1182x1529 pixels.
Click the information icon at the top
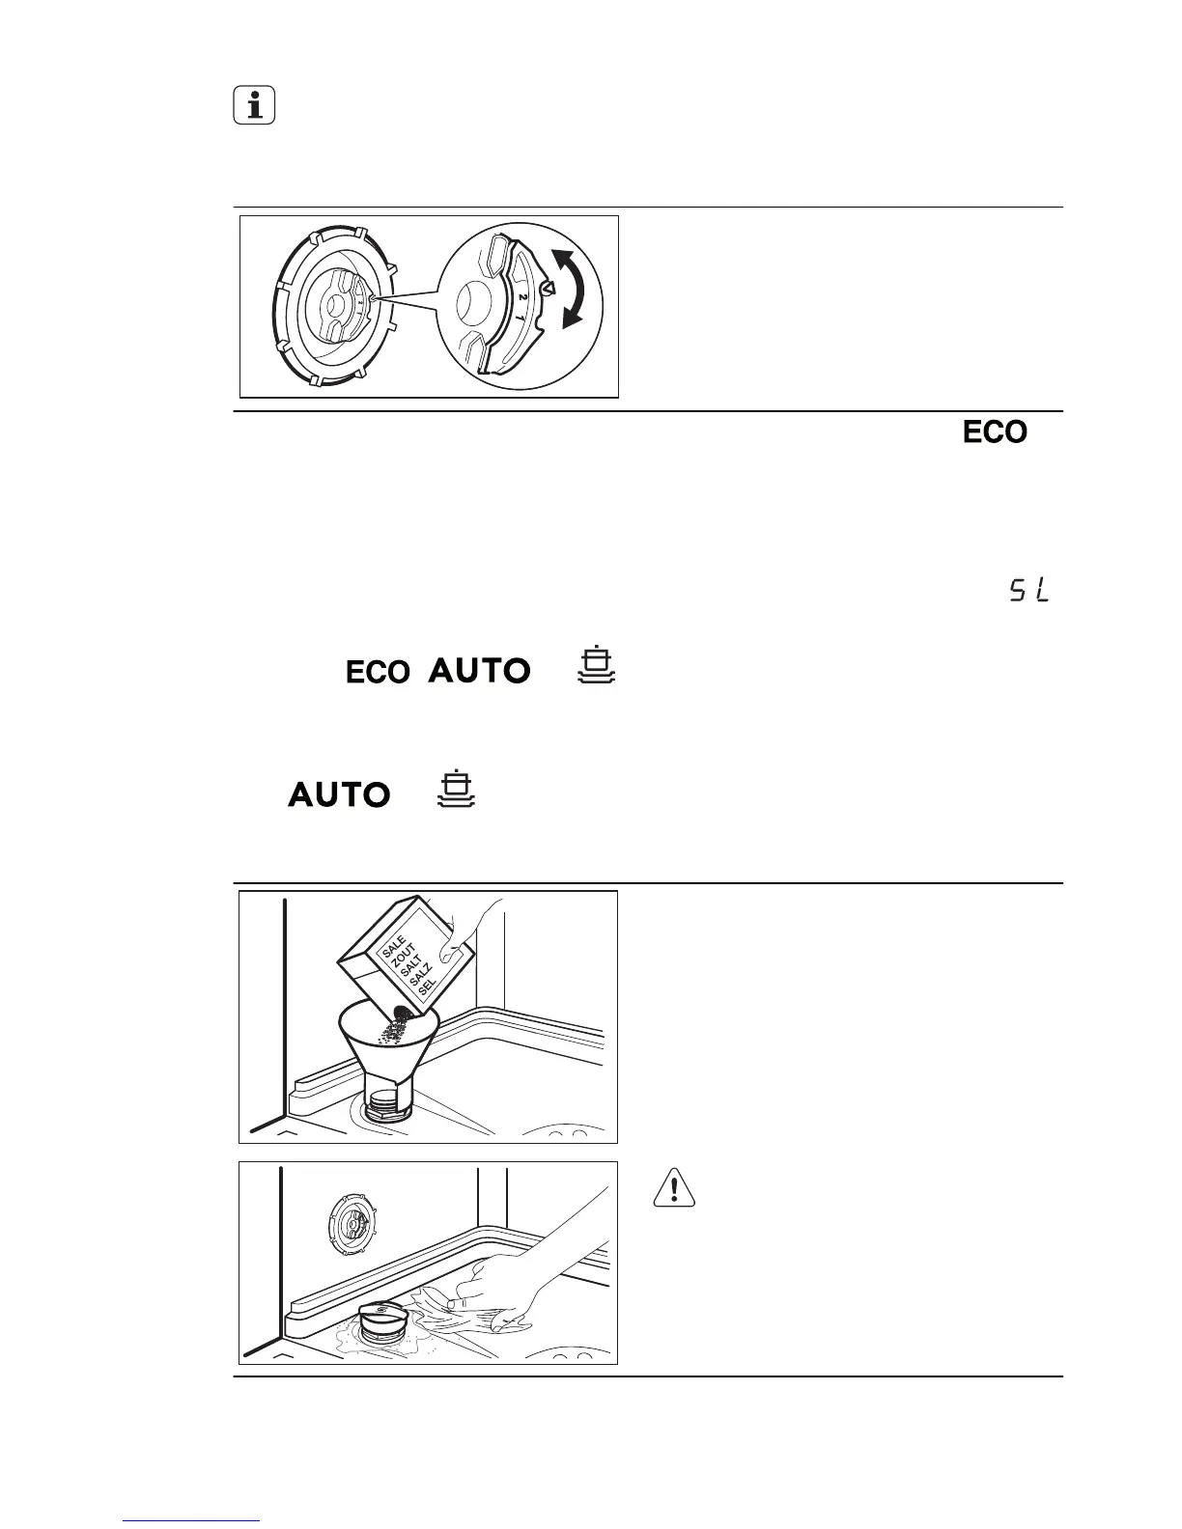[254, 106]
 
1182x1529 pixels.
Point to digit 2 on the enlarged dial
[522, 297]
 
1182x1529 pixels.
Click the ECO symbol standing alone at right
[994, 432]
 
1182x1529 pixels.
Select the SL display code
[1029, 591]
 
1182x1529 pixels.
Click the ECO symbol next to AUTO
[379, 672]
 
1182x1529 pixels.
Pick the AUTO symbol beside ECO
[479, 670]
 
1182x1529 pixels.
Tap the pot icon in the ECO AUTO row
[597, 666]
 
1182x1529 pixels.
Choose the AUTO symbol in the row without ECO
[339, 795]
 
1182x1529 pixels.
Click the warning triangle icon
[675, 1187]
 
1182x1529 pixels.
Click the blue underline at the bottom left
[192, 1522]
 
